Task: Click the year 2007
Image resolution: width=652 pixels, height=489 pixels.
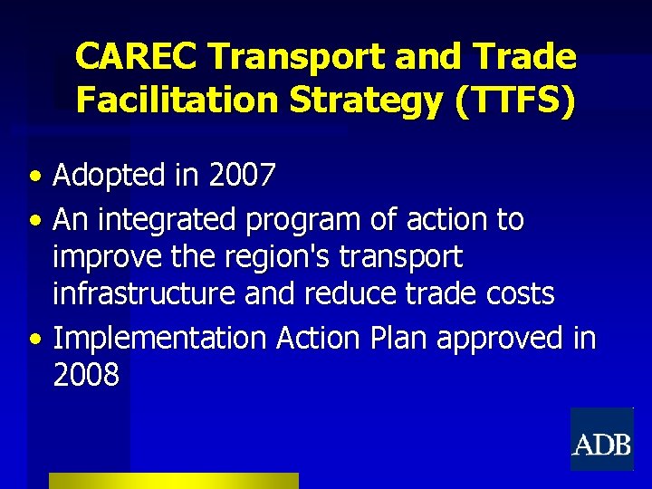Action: pyautogui.click(x=241, y=176)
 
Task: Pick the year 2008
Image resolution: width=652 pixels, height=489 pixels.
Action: pyautogui.click(x=86, y=375)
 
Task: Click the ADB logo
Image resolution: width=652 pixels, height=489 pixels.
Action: pyautogui.click(x=601, y=439)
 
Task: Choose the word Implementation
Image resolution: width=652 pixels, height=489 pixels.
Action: pyautogui.click(x=159, y=339)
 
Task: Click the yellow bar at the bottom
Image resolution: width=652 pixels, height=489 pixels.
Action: pyautogui.click(x=173, y=481)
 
